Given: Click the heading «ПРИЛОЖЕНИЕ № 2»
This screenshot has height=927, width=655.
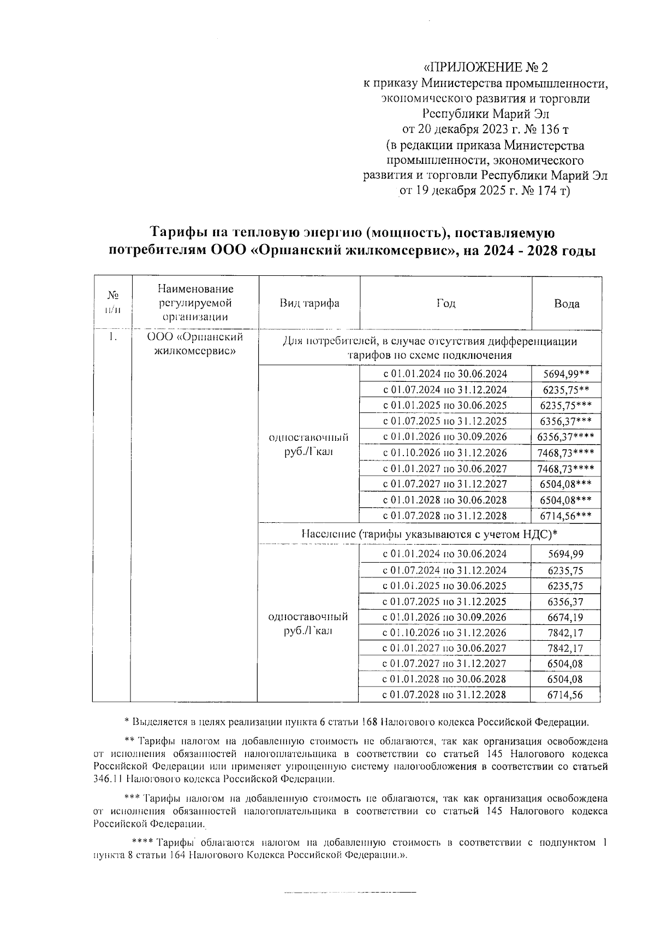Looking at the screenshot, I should [485, 68].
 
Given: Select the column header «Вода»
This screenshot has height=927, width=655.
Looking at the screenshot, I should [567, 304].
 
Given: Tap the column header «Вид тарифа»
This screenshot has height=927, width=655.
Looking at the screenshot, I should [309, 304].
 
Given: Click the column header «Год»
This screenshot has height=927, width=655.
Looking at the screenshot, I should [445, 304].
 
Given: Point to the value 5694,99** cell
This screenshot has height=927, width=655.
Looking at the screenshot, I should [566, 374].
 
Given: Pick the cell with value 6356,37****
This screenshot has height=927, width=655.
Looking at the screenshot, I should [566, 437].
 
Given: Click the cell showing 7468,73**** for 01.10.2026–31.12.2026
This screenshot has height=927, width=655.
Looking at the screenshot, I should [566, 453].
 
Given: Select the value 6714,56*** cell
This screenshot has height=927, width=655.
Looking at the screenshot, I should [566, 516].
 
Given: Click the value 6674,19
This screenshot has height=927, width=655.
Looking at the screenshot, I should [565, 617].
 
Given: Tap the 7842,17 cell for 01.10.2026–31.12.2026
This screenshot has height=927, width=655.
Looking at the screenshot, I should [565, 633].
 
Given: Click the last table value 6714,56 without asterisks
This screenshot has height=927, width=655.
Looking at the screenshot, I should [565, 695].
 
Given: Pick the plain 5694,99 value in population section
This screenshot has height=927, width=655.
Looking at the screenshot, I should [565, 554].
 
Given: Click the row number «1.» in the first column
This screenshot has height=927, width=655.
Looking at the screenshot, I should [112, 338].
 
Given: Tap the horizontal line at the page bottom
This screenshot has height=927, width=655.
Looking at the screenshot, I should [349, 892].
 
